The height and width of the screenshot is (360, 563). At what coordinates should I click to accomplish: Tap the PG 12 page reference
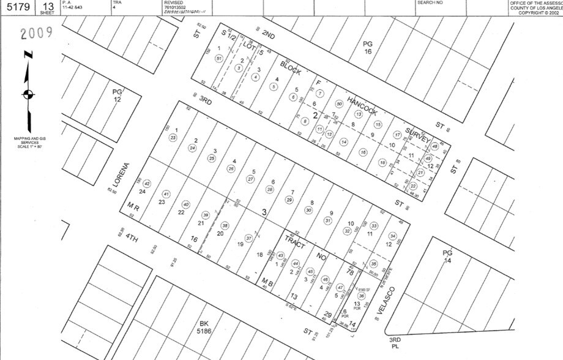[x=117, y=95]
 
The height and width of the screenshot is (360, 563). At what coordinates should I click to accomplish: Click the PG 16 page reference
[x=367, y=47]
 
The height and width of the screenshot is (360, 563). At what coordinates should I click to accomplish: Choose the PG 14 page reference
[x=446, y=256]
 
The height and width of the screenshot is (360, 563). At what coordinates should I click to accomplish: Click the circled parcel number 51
[x=218, y=58]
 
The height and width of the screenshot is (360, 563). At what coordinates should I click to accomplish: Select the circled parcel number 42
[x=147, y=184]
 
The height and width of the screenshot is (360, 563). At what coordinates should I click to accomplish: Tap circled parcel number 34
[x=393, y=236]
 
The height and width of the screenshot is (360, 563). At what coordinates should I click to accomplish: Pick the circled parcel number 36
[x=361, y=296]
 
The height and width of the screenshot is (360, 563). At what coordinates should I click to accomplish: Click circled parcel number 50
[x=339, y=103]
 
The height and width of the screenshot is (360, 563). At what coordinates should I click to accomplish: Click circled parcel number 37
[x=248, y=238]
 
